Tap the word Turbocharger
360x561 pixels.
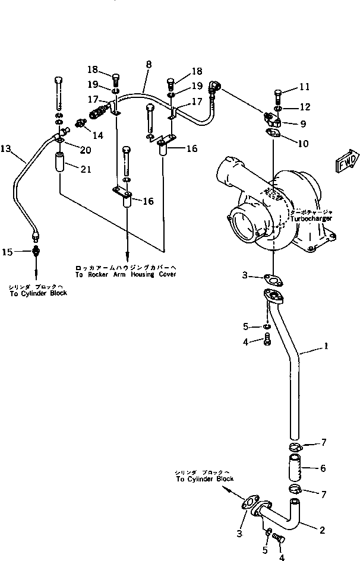(311, 218)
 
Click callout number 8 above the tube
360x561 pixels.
(148, 64)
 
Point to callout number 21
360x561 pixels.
(86, 170)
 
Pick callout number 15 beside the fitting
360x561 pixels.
(7, 252)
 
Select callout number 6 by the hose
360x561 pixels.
(323, 468)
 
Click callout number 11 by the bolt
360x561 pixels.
(304, 87)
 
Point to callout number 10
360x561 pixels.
(303, 143)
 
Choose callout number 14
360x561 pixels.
(98, 135)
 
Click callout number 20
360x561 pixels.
(86, 148)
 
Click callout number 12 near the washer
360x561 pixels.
(304, 107)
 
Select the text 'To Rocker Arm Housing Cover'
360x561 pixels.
(125, 274)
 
